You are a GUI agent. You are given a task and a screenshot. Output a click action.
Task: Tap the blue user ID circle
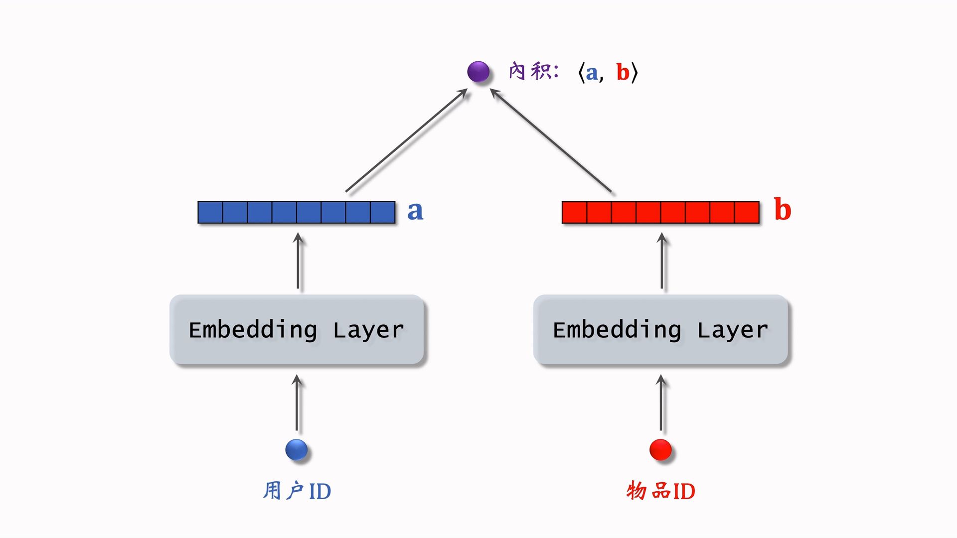(297, 450)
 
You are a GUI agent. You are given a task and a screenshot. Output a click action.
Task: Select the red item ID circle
(660, 450)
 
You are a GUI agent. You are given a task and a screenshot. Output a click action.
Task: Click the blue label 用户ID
(297, 491)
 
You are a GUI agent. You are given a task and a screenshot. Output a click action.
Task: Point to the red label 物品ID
(660, 491)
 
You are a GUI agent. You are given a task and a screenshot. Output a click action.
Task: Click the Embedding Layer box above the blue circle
(297, 330)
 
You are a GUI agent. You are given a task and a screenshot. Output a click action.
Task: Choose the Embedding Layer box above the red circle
(660, 330)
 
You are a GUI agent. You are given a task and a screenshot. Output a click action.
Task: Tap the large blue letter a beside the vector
(415, 211)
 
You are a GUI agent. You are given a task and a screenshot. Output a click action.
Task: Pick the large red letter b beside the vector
(783, 210)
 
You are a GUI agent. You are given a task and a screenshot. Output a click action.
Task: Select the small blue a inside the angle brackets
(592, 73)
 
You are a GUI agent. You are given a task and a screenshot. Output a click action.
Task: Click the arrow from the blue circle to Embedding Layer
(297, 403)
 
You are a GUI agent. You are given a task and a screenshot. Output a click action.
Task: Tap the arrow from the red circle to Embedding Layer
(661, 403)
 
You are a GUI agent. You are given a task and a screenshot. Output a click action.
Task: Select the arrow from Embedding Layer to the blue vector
(298, 262)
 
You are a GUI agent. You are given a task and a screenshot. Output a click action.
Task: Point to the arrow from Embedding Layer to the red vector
(662, 262)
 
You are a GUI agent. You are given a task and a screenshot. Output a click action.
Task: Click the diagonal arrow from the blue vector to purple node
(406, 140)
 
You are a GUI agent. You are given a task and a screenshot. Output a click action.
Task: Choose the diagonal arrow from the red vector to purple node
(551, 140)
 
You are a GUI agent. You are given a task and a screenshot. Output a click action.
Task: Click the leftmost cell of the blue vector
(210, 212)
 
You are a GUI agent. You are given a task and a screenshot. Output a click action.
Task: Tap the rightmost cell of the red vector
(747, 212)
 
